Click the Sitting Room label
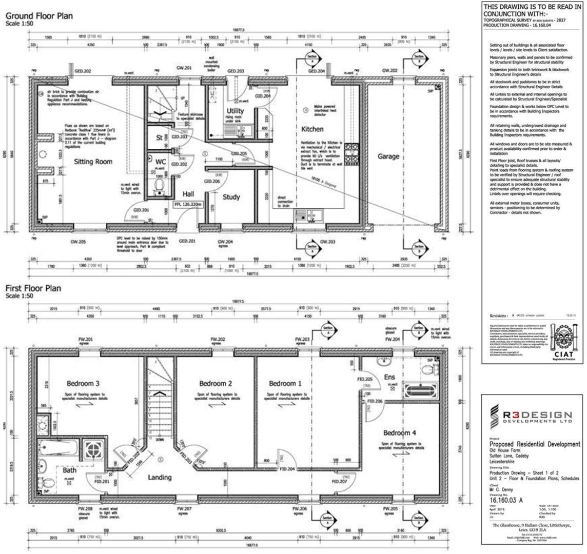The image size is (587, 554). (93, 162)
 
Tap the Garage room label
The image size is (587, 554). (388, 156)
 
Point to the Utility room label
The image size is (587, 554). (235, 111)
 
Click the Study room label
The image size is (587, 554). (231, 196)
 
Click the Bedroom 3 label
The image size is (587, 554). (83, 383)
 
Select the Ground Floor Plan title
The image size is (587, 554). (39, 16)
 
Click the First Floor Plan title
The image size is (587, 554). (33, 288)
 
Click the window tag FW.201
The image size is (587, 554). (83, 340)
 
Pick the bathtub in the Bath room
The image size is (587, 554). (57, 450)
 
